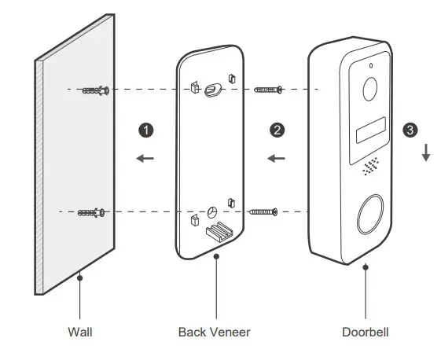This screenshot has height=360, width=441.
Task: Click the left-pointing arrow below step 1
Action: point(145,159)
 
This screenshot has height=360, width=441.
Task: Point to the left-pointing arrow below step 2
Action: point(276,159)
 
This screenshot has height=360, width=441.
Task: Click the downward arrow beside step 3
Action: point(425,152)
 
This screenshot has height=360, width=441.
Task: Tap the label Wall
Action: point(79,332)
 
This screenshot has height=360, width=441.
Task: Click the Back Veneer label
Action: point(214,332)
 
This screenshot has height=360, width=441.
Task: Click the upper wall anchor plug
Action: point(95,90)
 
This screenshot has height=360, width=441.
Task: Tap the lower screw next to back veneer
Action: point(263,211)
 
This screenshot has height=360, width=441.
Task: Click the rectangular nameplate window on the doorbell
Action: point(369,130)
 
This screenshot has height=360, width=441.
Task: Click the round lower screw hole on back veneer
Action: point(211,212)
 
